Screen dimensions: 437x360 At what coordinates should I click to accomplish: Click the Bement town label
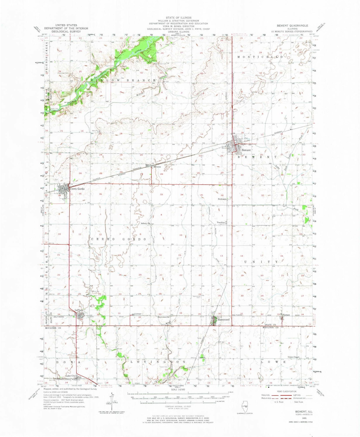[246, 150]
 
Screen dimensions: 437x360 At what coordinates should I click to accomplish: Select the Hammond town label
[224, 320]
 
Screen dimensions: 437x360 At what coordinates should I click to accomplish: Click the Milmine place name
[157, 167]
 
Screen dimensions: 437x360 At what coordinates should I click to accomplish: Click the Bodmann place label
[222, 199]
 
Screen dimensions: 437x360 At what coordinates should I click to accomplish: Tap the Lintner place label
[138, 314]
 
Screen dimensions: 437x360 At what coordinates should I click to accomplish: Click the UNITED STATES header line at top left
[66, 25]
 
